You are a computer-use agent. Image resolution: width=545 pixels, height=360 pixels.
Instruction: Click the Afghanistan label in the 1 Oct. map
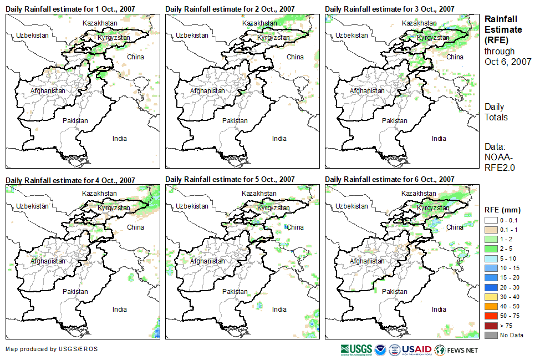click(x=48, y=90)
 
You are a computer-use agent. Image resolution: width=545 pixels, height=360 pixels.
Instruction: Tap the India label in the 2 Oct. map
click(x=279, y=139)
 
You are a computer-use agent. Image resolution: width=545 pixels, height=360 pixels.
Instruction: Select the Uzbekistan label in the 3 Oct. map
click(x=351, y=35)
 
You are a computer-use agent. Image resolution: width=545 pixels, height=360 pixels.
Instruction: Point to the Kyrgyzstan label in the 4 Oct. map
click(x=114, y=208)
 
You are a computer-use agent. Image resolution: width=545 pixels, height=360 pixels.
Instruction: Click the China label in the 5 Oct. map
click(x=296, y=227)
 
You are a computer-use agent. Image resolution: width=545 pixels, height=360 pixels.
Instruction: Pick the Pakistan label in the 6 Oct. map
click(x=394, y=291)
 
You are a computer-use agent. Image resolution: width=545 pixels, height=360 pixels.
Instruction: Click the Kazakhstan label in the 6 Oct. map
click(x=419, y=193)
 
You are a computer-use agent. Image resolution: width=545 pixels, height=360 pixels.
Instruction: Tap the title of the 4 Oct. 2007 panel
click(x=70, y=180)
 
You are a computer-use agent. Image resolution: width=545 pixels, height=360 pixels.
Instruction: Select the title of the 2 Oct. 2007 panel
click(x=230, y=9)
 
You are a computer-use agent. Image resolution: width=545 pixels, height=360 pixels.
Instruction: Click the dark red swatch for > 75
click(x=491, y=326)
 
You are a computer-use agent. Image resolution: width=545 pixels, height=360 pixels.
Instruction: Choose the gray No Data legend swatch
click(x=491, y=335)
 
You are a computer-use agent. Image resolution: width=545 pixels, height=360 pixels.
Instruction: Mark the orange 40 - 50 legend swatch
click(x=491, y=306)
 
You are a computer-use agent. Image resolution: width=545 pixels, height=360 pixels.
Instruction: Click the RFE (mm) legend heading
click(x=502, y=210)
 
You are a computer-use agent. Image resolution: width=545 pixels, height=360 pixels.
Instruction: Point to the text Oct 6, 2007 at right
click(x=508, y=62)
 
